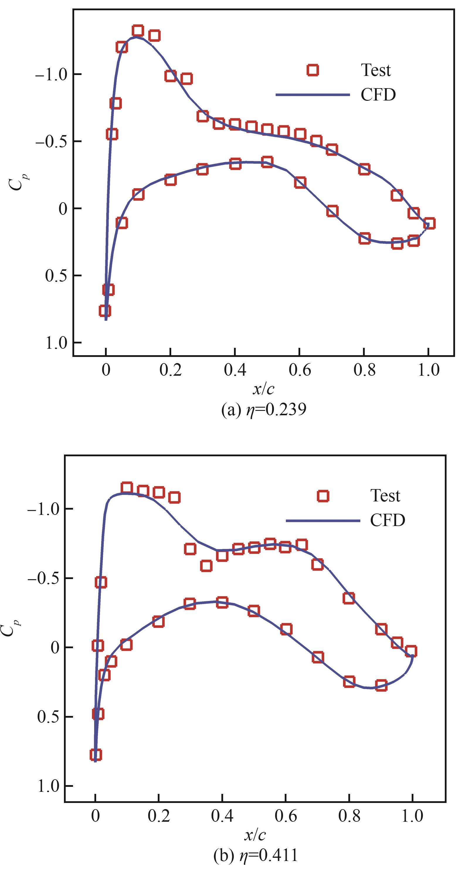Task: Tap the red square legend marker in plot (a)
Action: point(313,70)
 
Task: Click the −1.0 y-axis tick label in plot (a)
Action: point(52,74)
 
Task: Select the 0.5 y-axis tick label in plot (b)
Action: point(47,717)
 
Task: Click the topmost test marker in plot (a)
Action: point(138,31)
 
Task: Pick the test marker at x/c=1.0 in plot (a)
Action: point(429,223)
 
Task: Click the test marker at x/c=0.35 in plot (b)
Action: point(206,566)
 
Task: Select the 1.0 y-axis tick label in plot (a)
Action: point(56,343)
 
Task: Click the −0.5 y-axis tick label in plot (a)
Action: point(52,142)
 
